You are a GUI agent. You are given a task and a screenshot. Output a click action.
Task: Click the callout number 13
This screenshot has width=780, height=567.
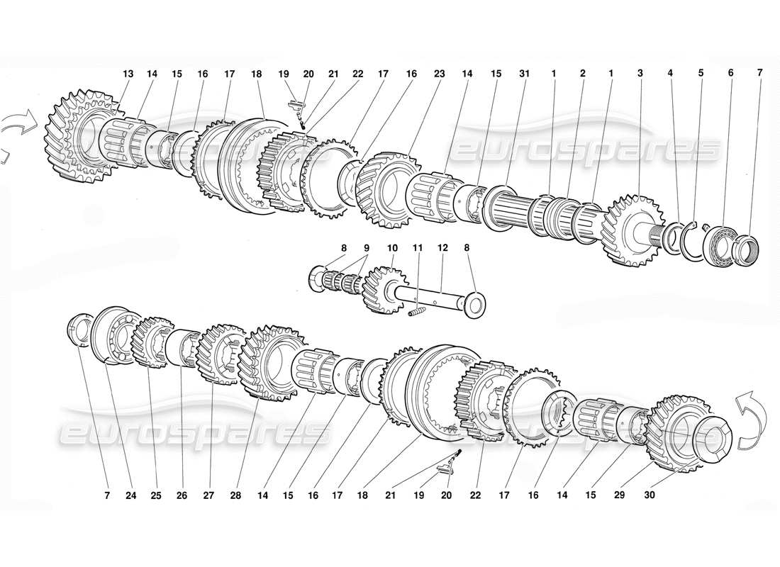coord(128,74)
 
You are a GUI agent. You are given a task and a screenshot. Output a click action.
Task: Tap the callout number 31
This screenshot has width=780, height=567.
coord(524,74)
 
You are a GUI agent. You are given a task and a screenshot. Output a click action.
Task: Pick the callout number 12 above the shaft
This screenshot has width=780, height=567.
coord(442,249)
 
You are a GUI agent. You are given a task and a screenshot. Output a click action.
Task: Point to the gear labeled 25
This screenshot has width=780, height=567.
coord(151,342)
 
